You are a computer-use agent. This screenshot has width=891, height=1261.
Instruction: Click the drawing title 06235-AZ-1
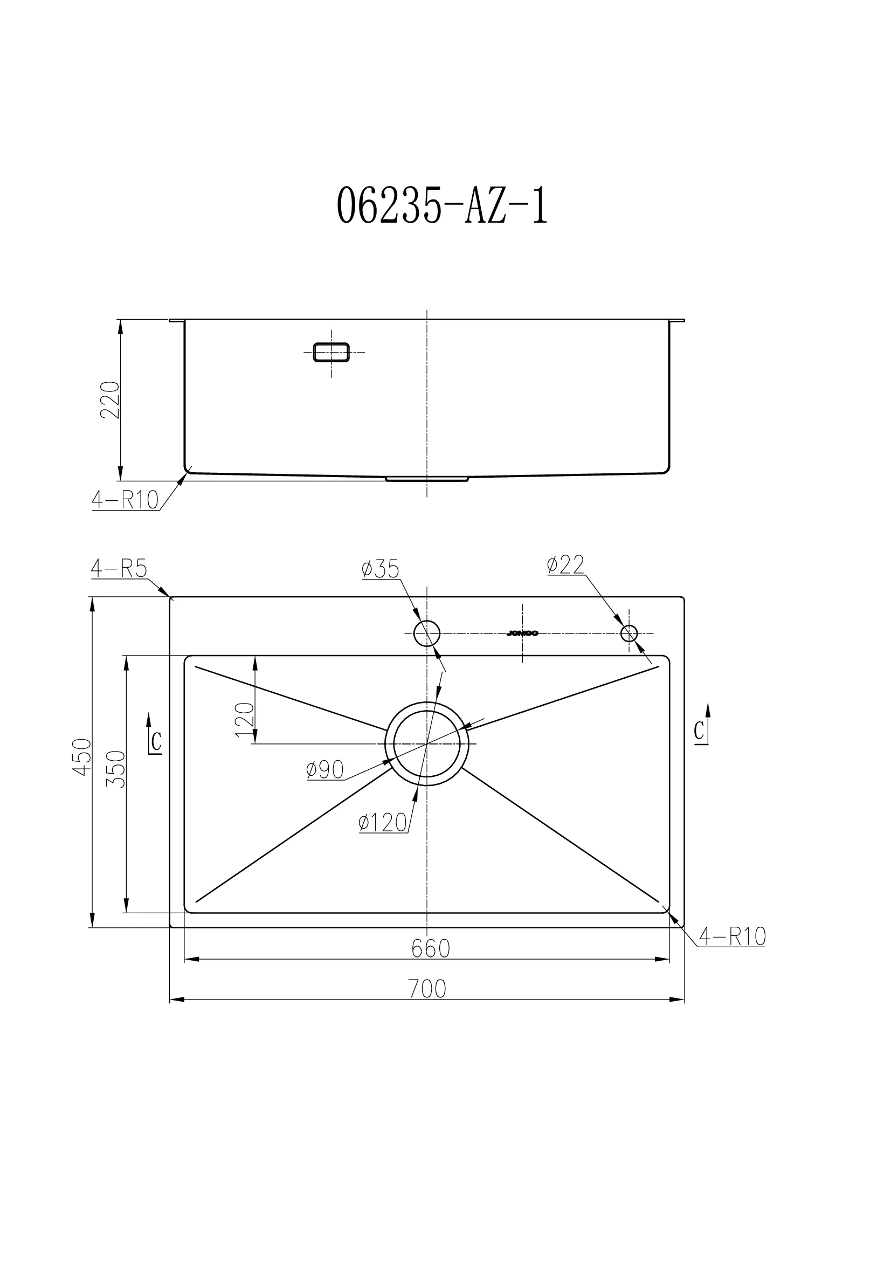tap(442, 204)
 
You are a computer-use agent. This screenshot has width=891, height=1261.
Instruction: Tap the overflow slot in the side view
tap(331, 352)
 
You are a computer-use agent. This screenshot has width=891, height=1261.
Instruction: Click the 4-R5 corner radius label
tap(119, 569)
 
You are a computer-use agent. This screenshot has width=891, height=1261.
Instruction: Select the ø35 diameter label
tap(380, 569)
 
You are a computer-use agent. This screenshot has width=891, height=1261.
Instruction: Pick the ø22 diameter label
tap(565, 564)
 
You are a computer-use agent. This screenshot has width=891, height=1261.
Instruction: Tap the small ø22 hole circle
tap(628, 633)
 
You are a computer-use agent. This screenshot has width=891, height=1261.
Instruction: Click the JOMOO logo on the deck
tap(522, 633)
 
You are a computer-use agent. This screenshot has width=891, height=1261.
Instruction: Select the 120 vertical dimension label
tap(245, 720)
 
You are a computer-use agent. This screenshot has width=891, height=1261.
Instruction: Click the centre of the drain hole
tap(427, 743)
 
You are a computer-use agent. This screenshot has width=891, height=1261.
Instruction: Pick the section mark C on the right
tap(700, 731)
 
